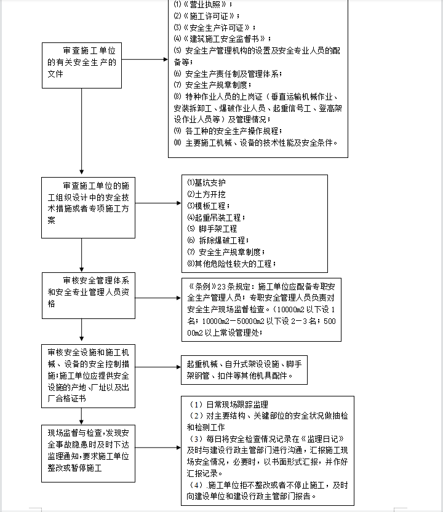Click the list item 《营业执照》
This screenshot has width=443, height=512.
[202, 4]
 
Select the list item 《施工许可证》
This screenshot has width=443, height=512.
[206, 16]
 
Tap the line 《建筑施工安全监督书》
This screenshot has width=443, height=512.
[222, 39]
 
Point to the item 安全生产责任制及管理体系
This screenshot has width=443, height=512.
[228, 74]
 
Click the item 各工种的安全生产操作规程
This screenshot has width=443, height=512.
[228, 131]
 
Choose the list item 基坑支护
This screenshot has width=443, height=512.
[206, 183]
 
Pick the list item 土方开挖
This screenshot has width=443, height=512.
[206, 194]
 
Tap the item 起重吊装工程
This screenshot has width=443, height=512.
[216, 218]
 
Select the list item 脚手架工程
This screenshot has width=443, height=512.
[212, 229]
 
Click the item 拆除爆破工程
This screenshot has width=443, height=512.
[218, 241]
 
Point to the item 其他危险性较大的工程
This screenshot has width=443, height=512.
[231, 264]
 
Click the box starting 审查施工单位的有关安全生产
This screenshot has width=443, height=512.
[82, 65]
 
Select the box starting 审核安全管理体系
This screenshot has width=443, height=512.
[88, 296]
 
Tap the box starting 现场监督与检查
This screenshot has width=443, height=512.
[88, 454]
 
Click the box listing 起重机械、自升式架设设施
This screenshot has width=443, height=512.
[244, 370]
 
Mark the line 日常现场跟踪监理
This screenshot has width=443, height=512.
[228, 404]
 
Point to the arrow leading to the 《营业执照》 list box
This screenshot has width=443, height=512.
[145, 60]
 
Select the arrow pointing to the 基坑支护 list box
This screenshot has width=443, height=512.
[158, 203]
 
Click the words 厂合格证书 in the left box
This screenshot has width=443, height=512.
[66, 399]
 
